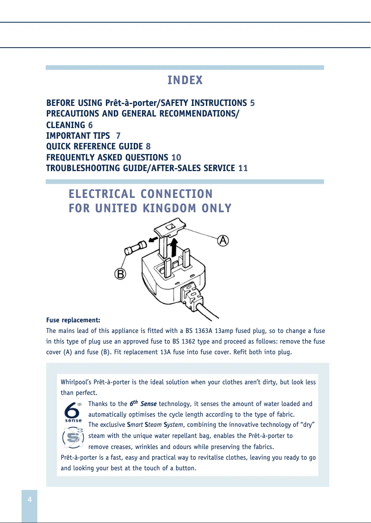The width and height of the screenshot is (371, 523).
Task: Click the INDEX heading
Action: click(185, 80)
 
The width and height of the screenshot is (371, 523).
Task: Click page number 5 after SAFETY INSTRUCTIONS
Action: click(252, 103)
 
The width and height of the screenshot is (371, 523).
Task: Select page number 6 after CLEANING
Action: click(90, 125)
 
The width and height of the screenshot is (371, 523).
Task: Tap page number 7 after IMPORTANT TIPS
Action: click(118, 136)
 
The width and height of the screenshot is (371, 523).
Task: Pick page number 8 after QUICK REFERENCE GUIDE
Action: click(148, 147)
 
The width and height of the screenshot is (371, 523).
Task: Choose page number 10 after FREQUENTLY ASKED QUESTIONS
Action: click(176, 158)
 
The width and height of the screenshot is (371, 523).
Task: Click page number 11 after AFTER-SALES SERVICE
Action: click(243, 168)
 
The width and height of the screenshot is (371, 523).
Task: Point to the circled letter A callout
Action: click(223, 241)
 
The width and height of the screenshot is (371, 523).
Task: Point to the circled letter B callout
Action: click(120, 274)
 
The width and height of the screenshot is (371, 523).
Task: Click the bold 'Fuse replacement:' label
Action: click(73, 320)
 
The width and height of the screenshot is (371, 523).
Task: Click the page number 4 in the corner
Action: click(30, 500)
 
